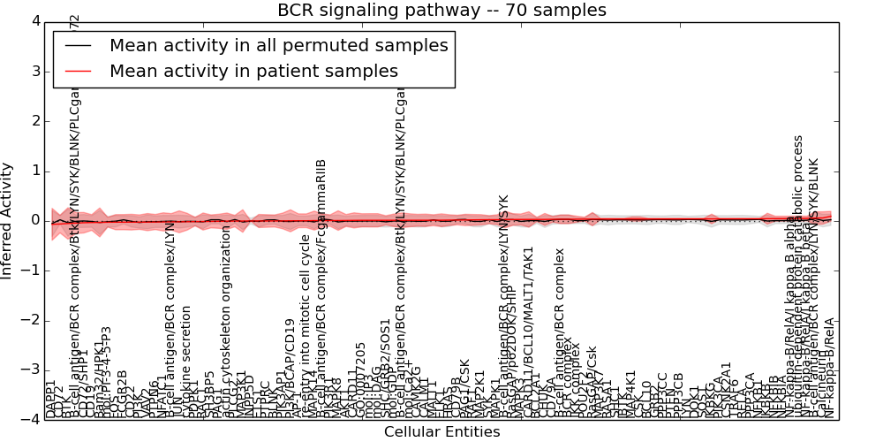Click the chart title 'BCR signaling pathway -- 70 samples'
coord(441,11)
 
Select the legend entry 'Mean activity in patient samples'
coord(253,71)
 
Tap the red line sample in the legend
coord(78,71)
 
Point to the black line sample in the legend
coord(78,46)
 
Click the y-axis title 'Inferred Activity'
coord(8,220)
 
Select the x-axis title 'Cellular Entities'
coord(441,432)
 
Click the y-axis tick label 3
coord(34,71)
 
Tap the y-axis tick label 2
coord(34,121)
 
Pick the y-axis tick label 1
coord(34,171)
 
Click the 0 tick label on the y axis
coord(34,220)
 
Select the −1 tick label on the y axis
coord(31,271)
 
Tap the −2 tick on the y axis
coord(31,320)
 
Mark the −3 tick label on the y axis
coord(31,370)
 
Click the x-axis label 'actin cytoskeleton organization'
coord(227,323)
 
